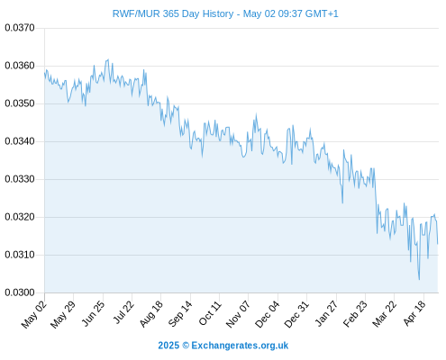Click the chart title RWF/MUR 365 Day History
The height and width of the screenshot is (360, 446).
(x=173, y=13)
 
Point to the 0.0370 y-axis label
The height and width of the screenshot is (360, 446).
(x=20, y=28)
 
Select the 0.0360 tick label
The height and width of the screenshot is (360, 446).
(x=20, y=66)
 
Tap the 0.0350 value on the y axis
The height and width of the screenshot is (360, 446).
(x=20, y=103)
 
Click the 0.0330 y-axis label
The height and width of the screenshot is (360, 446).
(x=20, y=179)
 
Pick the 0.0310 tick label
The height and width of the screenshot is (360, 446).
(x=20, y=255)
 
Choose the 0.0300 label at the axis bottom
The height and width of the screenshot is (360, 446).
(x=20, y=292)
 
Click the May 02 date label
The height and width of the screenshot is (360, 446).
(x=34, y=314)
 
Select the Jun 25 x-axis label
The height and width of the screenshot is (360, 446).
(x=93, y=313)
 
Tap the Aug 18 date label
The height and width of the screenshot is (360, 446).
(x=151, y=313)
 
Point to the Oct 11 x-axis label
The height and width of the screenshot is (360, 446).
(x=210, y=313)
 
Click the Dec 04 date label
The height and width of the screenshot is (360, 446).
(x=268, y=314)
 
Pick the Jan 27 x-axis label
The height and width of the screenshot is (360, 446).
(x=326, y=313)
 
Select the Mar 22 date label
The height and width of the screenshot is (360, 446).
(x=385, y=314)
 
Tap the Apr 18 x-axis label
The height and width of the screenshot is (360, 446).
(x=414, y=313)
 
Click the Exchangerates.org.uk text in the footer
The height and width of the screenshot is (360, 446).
(x=240, y=346)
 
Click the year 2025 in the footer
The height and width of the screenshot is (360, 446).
(x=168, y=346)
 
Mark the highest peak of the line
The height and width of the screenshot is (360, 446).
(x=108, y=59)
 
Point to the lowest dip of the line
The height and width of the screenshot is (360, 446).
(x=419, y=280)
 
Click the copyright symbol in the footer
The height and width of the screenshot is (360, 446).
(x=186, y=346)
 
